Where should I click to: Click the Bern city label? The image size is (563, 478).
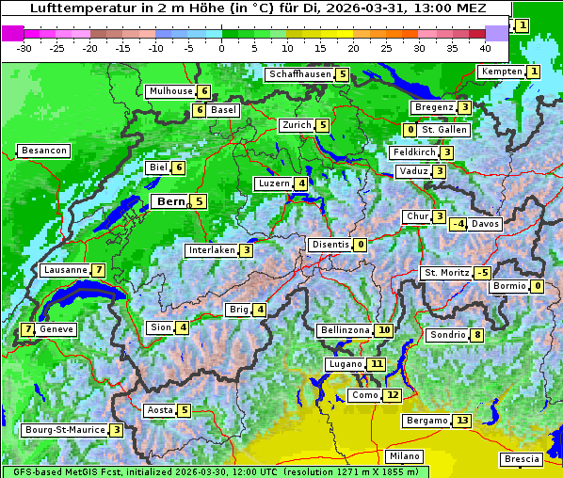pyautogui.click(x=170, y=201)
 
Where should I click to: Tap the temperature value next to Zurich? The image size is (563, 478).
pyautogui.click(x=323, y=125)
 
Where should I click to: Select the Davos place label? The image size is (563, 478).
pyautogui.click(x=486, y=224)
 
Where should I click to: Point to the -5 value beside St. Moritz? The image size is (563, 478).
pyautogui.click(x=483, y=273)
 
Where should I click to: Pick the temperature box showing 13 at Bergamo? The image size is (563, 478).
pyautogui.click(x=460, y=421)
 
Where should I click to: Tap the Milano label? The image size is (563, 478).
pyautogui.click(x=405, y=455)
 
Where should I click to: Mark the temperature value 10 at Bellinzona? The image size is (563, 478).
pyautogui.click(x=383, y=330)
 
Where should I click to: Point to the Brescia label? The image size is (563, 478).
pyautogui.click(x=523, y=459)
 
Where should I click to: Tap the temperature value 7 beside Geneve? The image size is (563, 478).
pyautogui.click(x=28, y=329)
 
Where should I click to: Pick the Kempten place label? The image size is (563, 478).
pyautogui.click(x=500, y=72)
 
